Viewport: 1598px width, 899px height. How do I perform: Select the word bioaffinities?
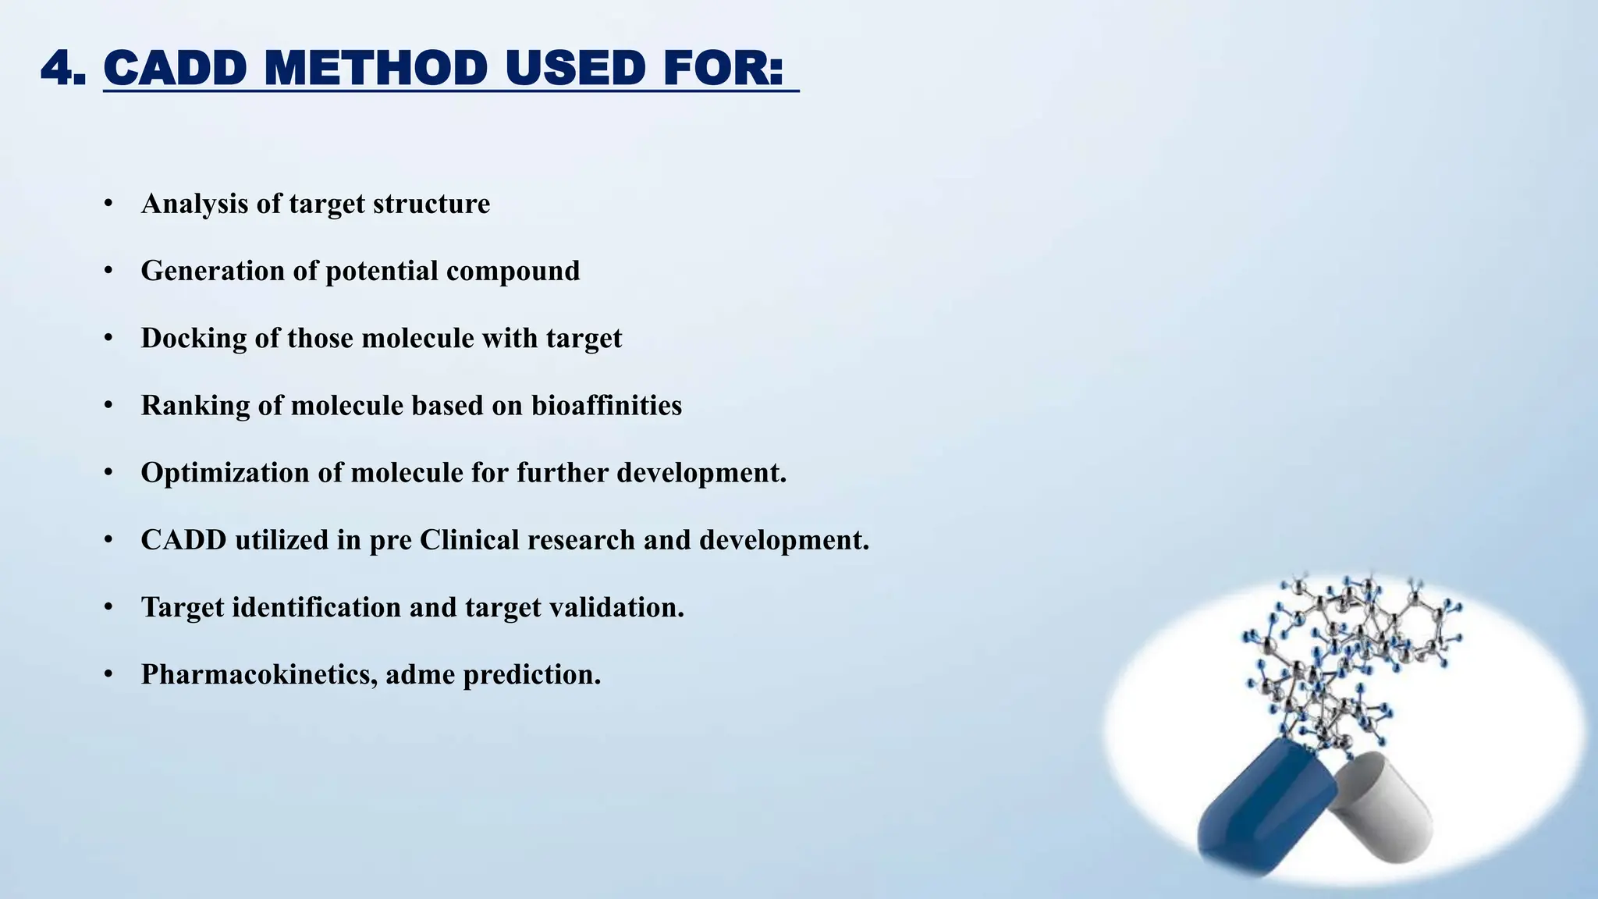click(606, 406)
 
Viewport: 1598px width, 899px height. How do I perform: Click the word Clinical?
click(469, 540)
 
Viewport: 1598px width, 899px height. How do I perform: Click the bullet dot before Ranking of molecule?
click(108, 406)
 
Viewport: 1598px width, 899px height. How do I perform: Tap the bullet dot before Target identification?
click(108, 607)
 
